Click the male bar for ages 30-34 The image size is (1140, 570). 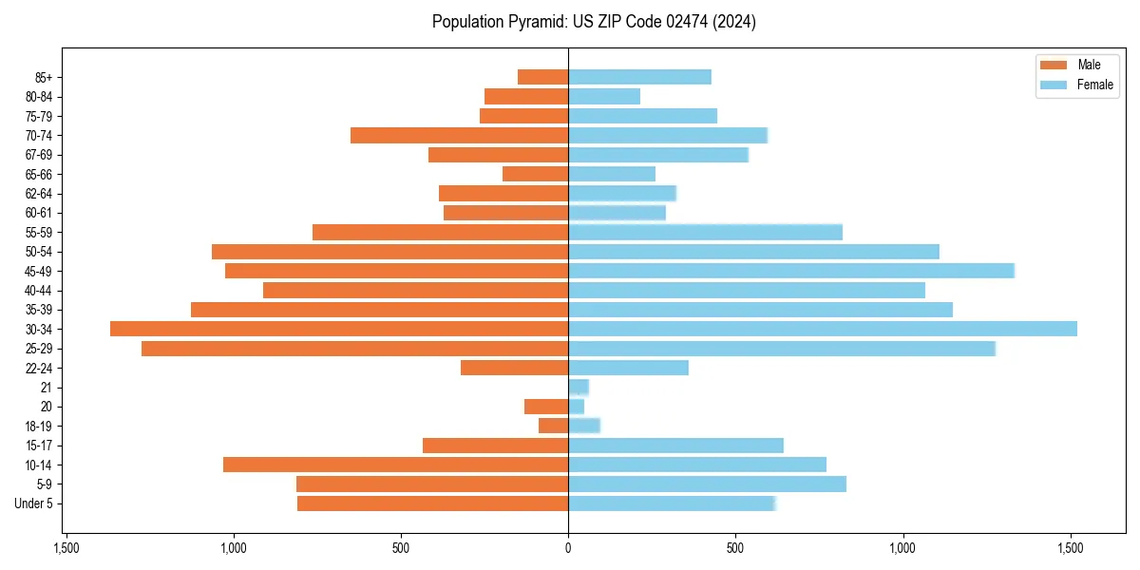[339, 329]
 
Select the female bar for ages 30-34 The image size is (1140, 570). [822, 329]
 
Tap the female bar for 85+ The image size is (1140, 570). [639, 77]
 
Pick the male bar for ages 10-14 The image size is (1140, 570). [395, 465]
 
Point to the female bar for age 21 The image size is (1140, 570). [579, 387]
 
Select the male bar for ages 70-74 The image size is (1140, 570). [459, 135]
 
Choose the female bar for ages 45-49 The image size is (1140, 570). [790, 271]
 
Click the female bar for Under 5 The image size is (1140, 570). [672, 503]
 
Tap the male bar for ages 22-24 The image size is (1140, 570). [514, 368]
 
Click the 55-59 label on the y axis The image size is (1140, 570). [39, 232]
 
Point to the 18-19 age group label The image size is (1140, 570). [39, 426]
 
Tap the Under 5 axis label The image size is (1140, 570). [34, 503]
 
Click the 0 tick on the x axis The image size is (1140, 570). [568, 548]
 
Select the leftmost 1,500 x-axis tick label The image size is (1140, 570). [66, 548]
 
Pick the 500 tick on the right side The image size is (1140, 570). [735, 548]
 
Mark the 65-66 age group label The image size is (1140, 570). [39, 174]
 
